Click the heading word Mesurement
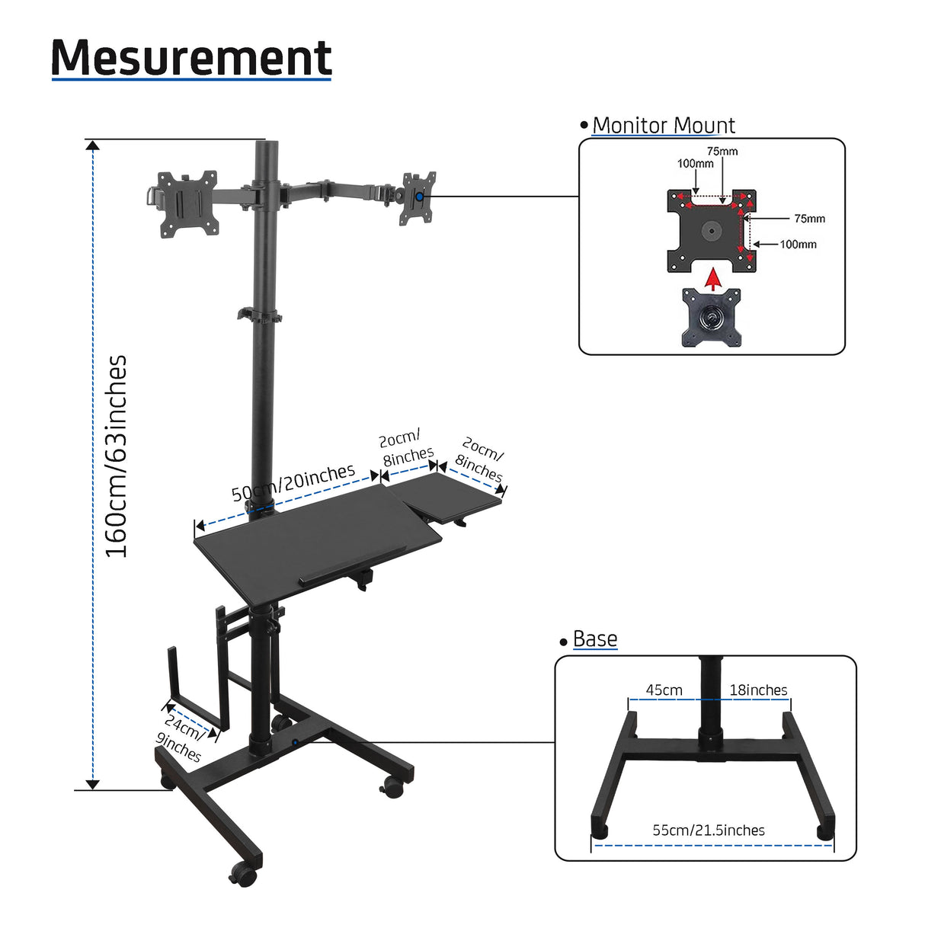[x=191, y=57]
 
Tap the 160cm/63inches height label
[x=116, y=456]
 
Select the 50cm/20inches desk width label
[x=293, y=483]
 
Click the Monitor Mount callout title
[x=663, y=125]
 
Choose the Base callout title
[x=594, y=639]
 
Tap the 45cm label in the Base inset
[x=664, y=690]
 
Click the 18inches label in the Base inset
[x=758, y=690]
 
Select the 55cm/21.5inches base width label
[x=709, y=830]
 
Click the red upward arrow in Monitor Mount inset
[x=713, y=278]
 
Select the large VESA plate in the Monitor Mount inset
[x=712, y=229]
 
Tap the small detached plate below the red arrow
[x=712, y=317]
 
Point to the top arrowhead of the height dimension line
[x=93, y=146]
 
